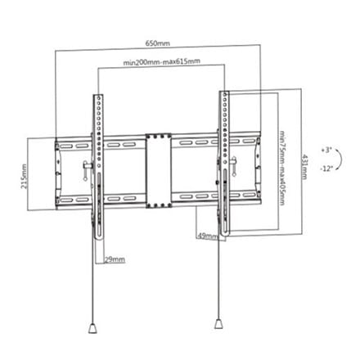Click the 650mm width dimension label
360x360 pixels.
click(157, 43)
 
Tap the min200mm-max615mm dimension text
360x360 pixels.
click(161, 61)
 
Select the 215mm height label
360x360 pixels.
click(24, 176)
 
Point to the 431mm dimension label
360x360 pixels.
click(304, 167)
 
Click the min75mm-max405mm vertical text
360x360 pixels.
click(282, 169)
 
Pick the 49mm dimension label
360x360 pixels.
click(207, 236)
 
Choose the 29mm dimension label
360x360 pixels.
click(115, 259)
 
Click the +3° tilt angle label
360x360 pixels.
click(326, 151)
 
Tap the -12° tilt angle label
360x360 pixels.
click(326, 169)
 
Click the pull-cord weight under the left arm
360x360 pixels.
click(92, 328)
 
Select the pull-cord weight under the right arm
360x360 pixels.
click(218, 324)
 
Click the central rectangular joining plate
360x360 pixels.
click(159, 170)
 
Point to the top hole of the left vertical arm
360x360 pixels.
click(98, 97)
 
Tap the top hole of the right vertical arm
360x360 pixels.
click(224, 94)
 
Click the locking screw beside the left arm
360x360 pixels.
click(86, 171)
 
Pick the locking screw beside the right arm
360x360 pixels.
click(234, 166)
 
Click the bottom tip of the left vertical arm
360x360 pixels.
click(99, 239)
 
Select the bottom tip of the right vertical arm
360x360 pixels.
click(226, 235)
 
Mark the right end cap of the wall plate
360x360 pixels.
click(258, 168)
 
